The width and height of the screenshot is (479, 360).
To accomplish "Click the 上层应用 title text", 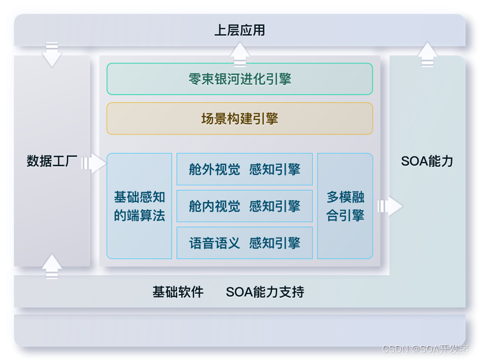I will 240,30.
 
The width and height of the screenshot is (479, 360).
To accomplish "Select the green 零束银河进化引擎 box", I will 240,79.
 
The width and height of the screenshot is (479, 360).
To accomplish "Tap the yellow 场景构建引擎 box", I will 240,119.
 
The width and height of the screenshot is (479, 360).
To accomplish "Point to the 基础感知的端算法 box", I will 139,206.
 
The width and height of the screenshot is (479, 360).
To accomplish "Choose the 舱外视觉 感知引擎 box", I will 244,169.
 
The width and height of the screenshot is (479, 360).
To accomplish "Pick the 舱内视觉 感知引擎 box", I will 244,206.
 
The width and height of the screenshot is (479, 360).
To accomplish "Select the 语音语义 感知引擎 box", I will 244,243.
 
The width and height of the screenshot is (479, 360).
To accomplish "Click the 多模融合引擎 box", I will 345,206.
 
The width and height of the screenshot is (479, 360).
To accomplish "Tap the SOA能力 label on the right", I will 427,161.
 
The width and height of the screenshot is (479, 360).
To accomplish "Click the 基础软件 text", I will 178,292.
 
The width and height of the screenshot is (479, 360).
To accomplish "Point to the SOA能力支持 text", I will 265,292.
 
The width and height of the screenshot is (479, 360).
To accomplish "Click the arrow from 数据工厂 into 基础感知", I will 93,164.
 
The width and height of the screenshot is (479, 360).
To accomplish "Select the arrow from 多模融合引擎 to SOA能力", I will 390,206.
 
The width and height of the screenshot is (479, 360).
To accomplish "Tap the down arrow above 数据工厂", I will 52,54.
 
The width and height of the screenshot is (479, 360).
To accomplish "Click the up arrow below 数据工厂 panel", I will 52,267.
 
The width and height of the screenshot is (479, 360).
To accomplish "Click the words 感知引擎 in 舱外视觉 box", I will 275,169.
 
